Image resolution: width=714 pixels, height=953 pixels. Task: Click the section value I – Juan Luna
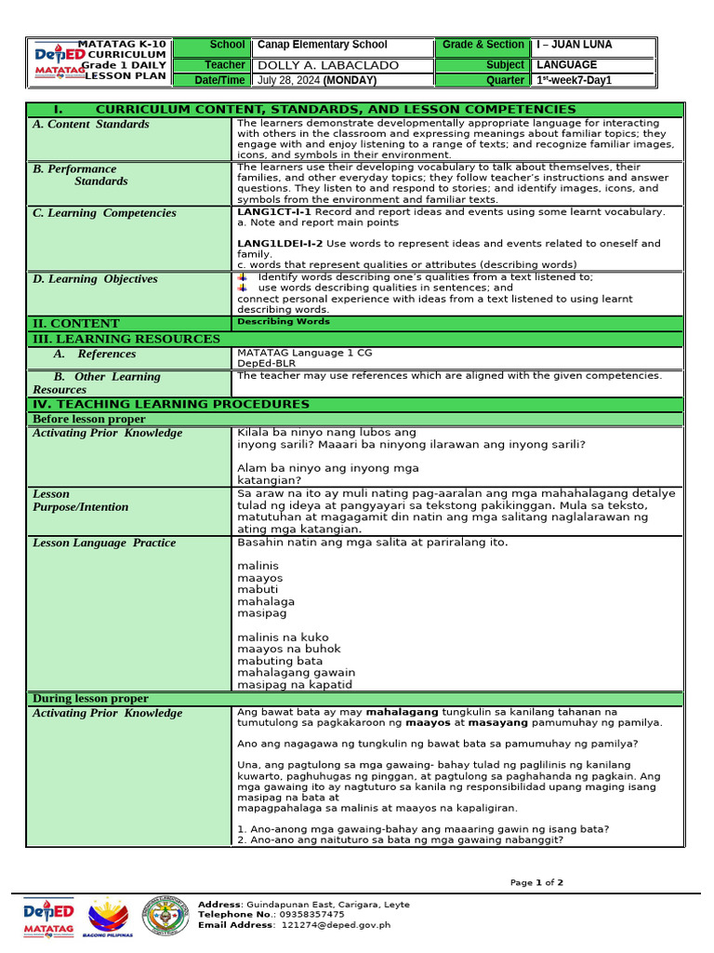pos(575,45)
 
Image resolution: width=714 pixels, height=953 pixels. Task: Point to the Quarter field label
pos(505,80)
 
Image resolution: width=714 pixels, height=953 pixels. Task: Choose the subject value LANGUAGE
pos(567,65)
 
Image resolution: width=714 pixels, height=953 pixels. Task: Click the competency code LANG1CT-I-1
pos(274,212)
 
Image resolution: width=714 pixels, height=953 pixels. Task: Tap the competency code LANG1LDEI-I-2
pos(280,244)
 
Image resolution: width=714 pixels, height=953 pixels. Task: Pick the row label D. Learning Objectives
pos(95,279)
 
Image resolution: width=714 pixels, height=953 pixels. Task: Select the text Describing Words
pos(284,322)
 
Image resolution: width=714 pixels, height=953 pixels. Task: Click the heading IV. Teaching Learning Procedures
pos(171,404)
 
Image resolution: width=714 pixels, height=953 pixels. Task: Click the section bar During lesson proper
pos(90,698)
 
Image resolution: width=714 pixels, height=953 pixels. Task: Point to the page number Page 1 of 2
pos(536,882)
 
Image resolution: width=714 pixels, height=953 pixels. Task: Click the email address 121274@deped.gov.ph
pos(336,925)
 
